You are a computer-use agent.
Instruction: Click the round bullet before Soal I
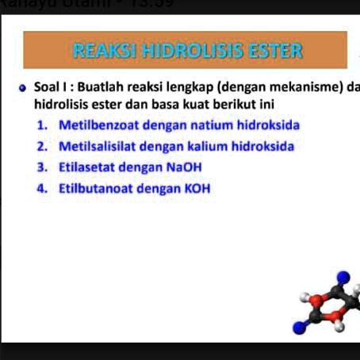coord(25,86)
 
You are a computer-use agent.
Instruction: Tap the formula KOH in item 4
coord(197,189)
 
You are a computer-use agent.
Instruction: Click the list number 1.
coord(40,125)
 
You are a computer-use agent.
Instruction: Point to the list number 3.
coord(40,167)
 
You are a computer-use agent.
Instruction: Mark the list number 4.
coord(40,189)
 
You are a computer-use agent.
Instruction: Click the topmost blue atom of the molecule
coord(343,277)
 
